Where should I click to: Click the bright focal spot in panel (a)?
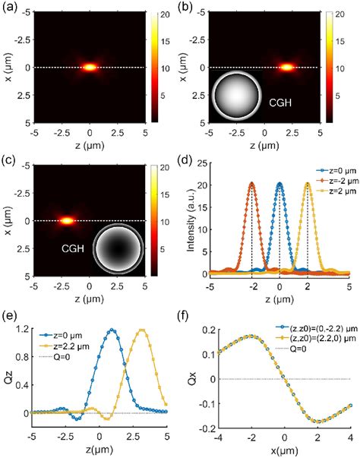(90, 67)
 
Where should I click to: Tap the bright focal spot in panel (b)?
(286, 67)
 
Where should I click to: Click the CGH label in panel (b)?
(280, 96)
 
